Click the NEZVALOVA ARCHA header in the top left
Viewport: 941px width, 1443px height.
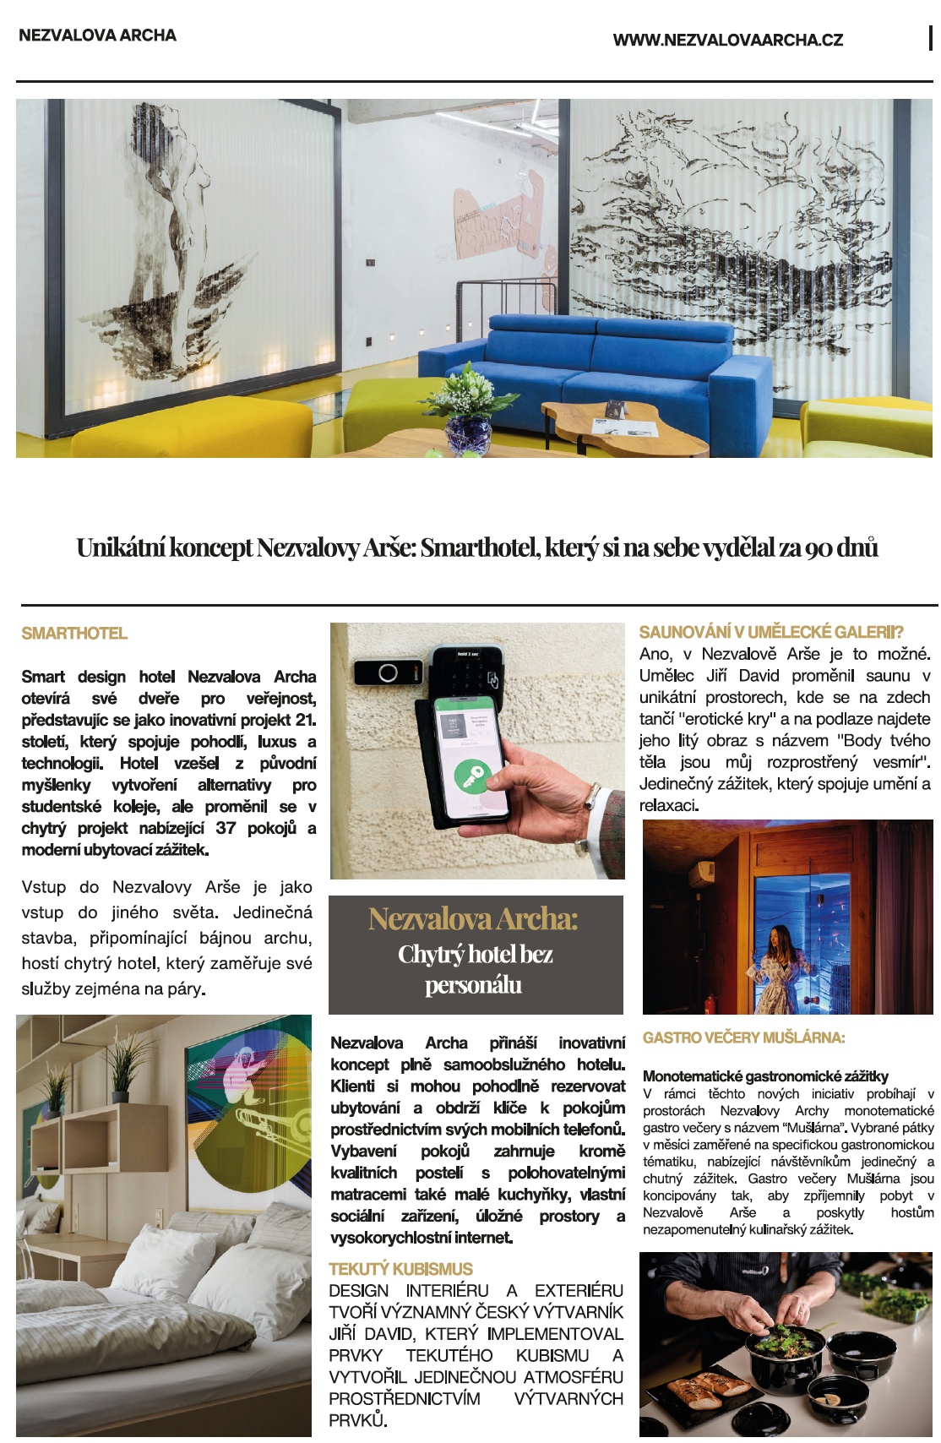tap(97, 35)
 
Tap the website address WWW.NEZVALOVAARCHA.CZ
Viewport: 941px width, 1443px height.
tap(727, 40)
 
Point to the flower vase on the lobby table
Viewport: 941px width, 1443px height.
tap(467, 422)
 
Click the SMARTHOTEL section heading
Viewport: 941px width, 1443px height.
tap(74, 634)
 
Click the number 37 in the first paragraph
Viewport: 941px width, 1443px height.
tap(226, 828)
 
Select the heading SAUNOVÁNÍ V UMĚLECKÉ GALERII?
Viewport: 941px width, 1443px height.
tap(771, 632)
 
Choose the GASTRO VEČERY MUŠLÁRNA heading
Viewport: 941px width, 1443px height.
tap(743, 1037)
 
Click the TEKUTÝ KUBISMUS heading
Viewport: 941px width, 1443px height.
tap(400, 1269)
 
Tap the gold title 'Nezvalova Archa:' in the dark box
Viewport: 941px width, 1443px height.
tap(473, 919)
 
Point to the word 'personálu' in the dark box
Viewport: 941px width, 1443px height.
tap(473, 985)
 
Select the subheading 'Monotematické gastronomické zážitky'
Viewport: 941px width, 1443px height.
tap(765, 1075)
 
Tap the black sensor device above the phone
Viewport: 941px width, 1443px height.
tap(388, 672)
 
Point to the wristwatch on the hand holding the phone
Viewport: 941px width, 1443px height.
tap(593, 796)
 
